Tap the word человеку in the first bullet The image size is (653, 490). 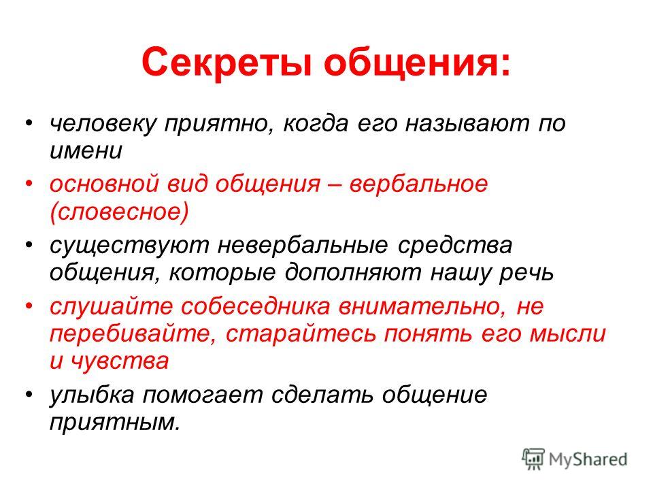tap(103, 124)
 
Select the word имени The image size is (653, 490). tap(86, 151)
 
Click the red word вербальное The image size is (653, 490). tap(418, 184)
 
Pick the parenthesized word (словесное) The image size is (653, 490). tap(119, 212)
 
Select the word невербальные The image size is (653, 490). tap(303, 246)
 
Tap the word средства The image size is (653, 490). tap(455, 246)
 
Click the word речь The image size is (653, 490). tap(526, 274)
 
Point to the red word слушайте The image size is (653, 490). tap(111, 307)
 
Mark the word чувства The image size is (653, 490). tap(120, 361)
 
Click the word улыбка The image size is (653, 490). tap(92, 394)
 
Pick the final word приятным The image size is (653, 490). tap(116, 423)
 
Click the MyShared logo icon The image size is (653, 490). tap(533, 459)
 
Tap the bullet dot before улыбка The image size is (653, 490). tap(29, 394)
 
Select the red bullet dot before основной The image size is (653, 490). tap(29, 183)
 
